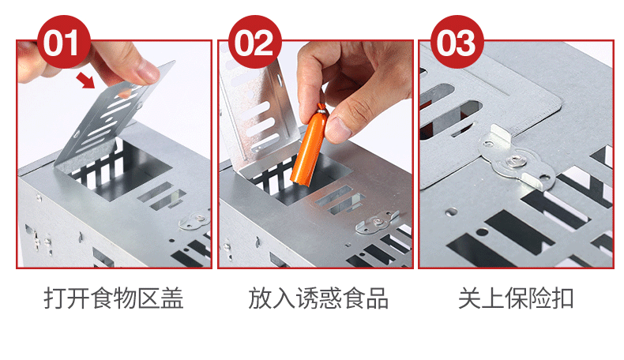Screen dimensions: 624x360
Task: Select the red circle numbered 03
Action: tap(457, 42)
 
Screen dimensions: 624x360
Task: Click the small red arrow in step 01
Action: tap(85, 80)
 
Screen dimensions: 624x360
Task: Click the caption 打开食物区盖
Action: tap(114, 298)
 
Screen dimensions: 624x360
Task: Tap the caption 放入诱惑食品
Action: tap(318, 298)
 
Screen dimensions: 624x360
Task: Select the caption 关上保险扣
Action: tap(516, 298)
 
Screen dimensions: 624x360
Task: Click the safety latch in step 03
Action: tap(517, 159)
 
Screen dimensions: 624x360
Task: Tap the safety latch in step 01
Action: tap(194, 221)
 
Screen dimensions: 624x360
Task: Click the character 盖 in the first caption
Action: tap(172, 298)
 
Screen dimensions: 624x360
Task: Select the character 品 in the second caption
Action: tap(378, 298)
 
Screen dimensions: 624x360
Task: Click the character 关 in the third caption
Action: tap(470, 298)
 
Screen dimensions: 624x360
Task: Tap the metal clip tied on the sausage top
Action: tap(322, 108)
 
